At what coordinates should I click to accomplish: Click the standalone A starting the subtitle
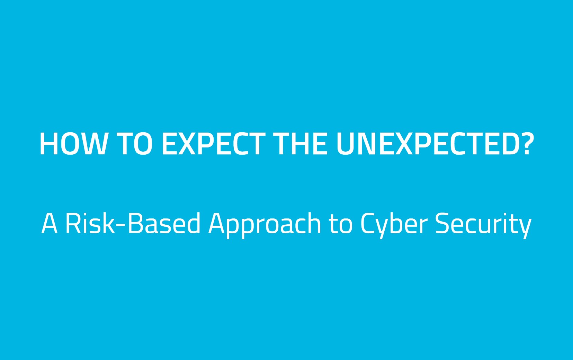coord(49,223)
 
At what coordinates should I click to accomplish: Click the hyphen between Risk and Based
coord(121,225)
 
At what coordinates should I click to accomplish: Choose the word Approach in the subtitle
coord(265,225)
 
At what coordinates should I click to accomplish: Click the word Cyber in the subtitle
coord(394,225)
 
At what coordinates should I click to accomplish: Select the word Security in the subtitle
coord(483,225)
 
